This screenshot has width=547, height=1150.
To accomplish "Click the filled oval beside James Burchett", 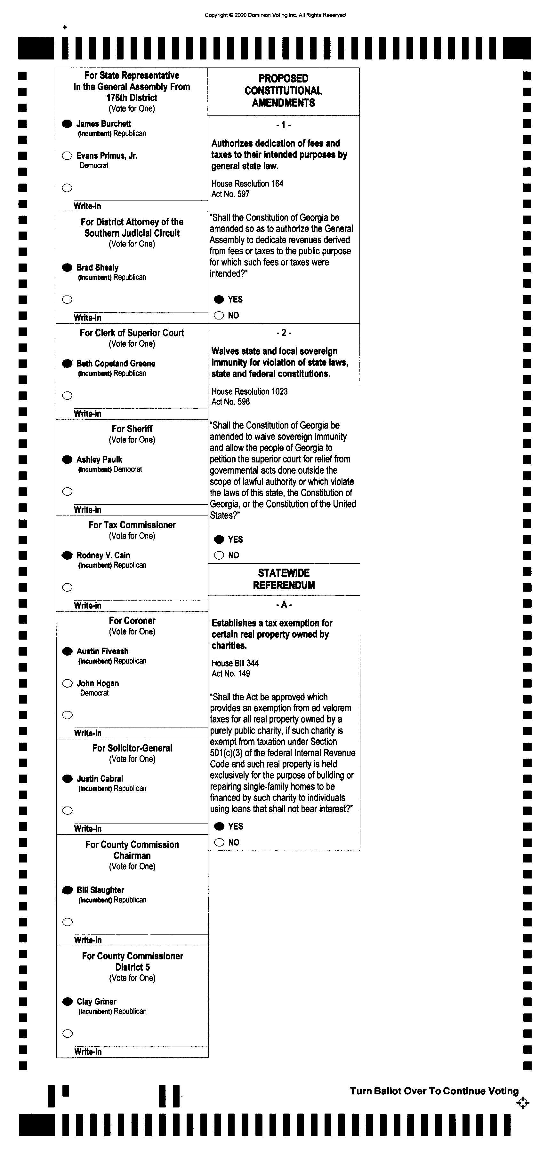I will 67,124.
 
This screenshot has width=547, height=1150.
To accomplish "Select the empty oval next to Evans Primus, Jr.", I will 67,156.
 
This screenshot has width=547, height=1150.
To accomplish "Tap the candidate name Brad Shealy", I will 97,267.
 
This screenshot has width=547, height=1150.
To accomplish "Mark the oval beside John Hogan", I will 68,683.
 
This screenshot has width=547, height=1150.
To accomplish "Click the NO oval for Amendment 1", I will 219,316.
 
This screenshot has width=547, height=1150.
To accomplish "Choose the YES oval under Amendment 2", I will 219,539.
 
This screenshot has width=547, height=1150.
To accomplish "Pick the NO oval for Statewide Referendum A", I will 219,842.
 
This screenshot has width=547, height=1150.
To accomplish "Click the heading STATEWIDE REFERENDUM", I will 284,579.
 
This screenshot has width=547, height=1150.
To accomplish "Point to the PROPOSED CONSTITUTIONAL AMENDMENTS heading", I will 283,91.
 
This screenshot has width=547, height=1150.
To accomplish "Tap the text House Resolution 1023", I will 249,391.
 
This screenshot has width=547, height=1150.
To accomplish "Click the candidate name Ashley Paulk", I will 99,459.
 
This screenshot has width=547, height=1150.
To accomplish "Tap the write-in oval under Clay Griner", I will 68,1034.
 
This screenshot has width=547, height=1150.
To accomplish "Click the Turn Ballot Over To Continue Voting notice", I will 434,1091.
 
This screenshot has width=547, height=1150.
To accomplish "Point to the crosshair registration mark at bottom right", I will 522,1103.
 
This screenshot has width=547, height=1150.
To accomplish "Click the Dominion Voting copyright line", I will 275,15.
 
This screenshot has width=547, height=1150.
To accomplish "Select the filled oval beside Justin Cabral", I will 68,779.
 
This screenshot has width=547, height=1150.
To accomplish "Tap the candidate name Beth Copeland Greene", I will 116,363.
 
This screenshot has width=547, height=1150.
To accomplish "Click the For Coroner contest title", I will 132,620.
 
